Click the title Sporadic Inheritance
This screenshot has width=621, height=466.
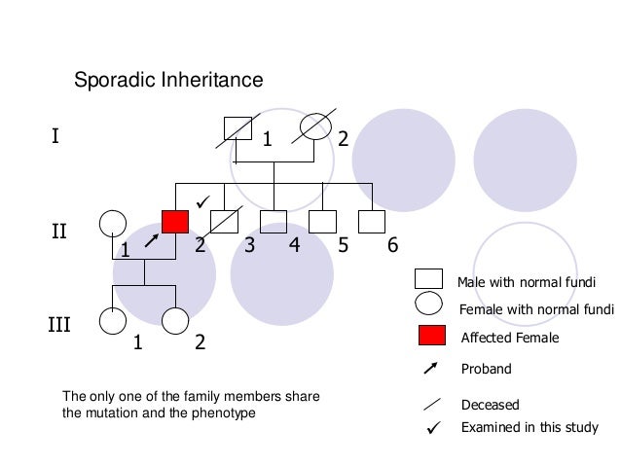[x=169, y=80]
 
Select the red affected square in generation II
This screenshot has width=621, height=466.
[x=175, y=222]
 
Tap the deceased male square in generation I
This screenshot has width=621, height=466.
[x=237, y=127]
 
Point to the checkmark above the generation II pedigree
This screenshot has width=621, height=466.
[x=202, y=200]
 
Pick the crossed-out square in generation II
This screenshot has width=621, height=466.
[x=225, y=223]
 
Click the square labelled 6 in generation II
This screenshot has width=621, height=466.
[x=371, y=223]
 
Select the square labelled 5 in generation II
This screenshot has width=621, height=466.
[x=321, y=223]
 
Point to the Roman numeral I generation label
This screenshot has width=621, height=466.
[x=55, y=136]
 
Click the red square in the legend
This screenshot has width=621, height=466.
[x=430, y=337]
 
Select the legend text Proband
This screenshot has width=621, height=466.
[x=486, y=370]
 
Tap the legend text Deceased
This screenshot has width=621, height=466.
[x=490, y=405]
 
